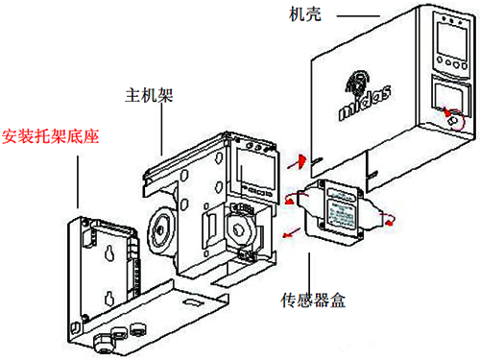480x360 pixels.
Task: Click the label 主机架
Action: (149, 97)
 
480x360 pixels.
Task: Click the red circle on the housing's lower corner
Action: (456, 120)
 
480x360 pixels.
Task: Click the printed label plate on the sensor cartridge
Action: (339, 210)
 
